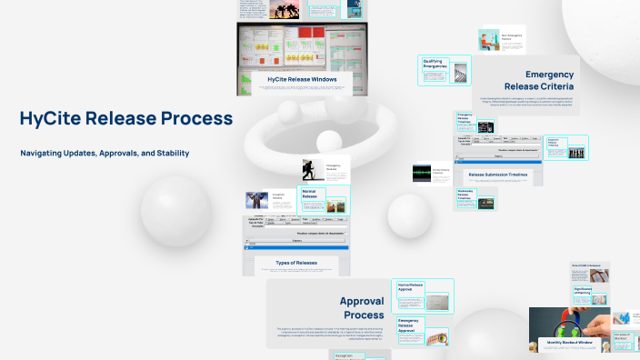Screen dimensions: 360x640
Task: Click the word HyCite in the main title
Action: (50, 118)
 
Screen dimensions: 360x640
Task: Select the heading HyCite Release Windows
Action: (302, 80)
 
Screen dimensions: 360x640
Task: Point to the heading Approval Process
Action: (362, 307)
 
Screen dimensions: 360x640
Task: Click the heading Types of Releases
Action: (295, 263)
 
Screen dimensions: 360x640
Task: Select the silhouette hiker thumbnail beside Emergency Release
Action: (314, 169)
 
